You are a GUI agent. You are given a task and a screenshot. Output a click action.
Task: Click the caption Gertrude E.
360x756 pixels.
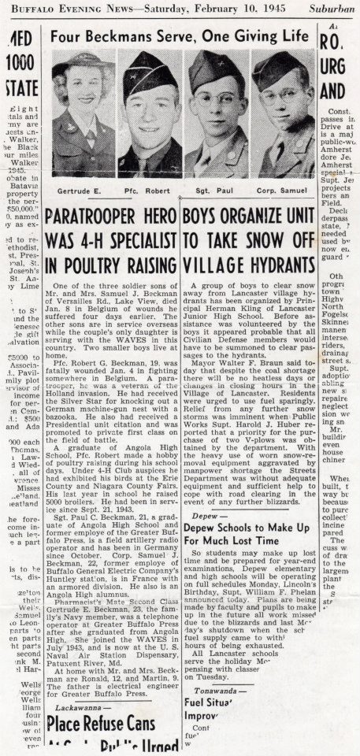coord(80,191)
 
